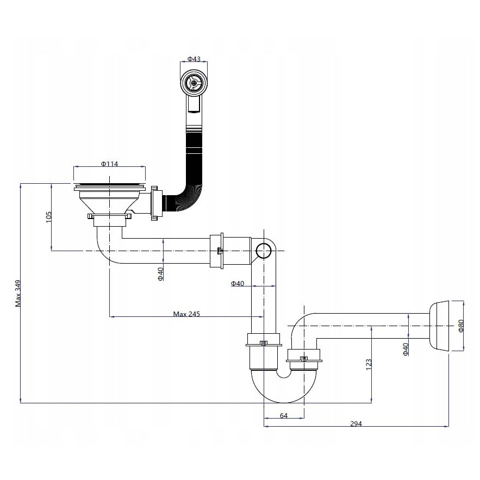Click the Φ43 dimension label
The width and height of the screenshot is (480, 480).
point(194,59)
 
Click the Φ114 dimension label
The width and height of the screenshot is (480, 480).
point(110,164)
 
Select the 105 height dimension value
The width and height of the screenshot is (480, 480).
point(49,217)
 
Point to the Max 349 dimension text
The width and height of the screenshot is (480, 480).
point(18,293)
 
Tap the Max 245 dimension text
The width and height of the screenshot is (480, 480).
point(186,314)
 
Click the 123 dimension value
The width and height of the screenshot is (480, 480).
point(369,364)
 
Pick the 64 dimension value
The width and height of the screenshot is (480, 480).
point(284,415)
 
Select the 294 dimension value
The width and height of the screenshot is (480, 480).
point(356,423)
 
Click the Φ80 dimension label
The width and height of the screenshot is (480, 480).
point(461,326)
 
